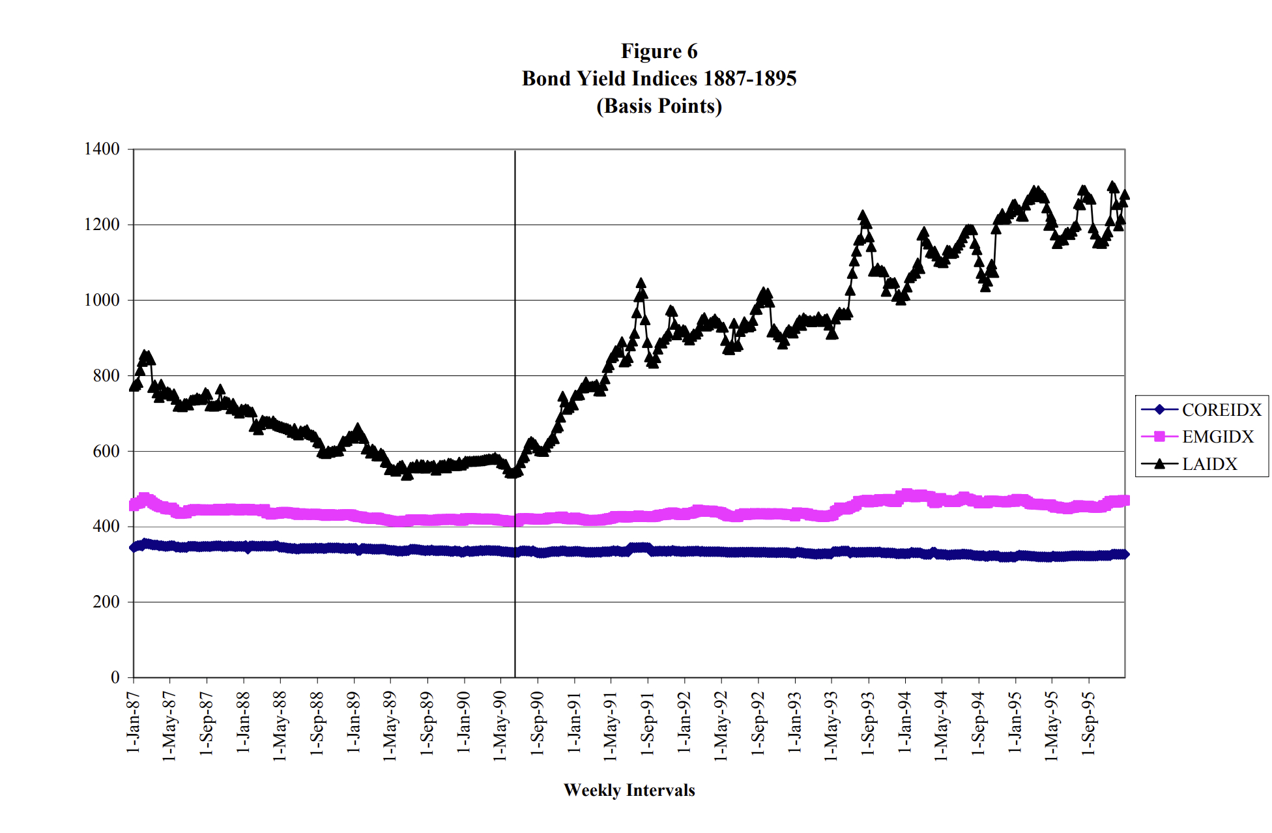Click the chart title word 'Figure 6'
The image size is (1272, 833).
click(659, 51)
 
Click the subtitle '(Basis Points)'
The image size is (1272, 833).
click(659, 106)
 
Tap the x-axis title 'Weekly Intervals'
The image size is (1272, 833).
click(629, 790)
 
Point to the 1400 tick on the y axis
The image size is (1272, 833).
click(102, 149)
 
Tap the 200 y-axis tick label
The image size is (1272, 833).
click(106, 602)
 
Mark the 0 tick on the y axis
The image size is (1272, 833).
click(115, 677)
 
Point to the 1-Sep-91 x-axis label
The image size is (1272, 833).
click(648, 724)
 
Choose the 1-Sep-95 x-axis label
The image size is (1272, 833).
click(1088, 724)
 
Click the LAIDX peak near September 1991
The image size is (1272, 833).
click(641, 283)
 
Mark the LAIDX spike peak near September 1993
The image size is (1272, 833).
click(863, 215)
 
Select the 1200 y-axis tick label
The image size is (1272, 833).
click(102, 225)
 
